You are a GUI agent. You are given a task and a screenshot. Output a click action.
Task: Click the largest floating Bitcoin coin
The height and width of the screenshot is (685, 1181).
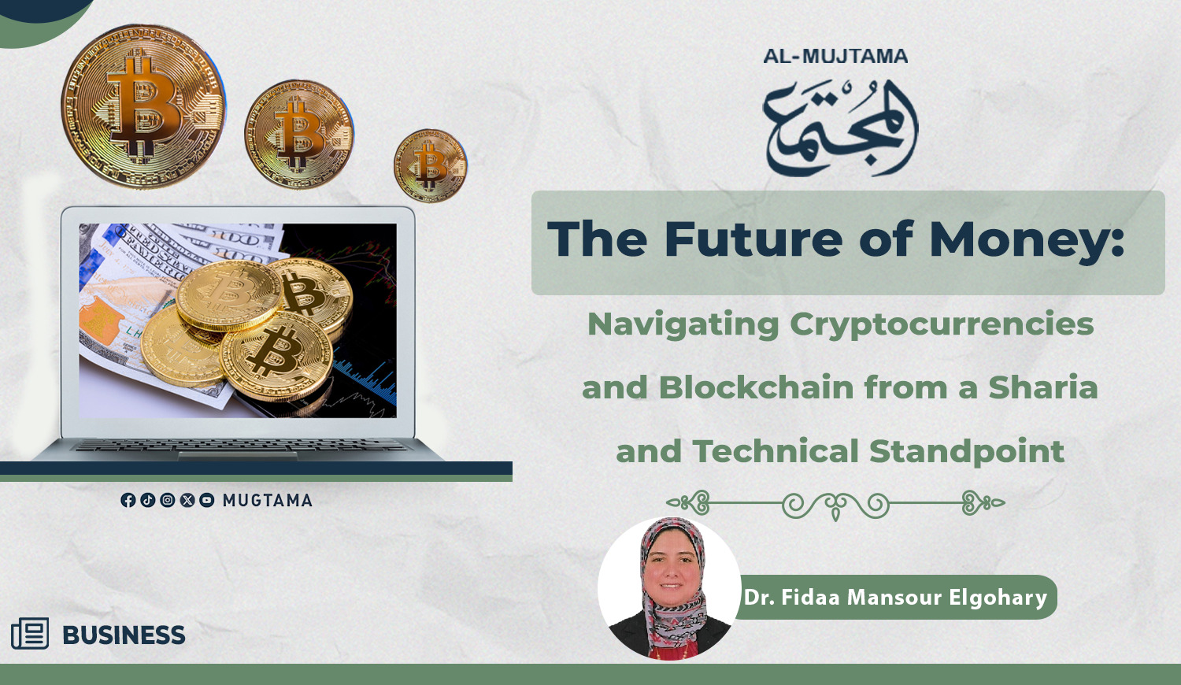click(143, 106)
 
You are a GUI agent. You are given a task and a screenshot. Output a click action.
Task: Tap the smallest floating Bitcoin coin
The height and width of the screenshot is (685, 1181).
click(431, 165)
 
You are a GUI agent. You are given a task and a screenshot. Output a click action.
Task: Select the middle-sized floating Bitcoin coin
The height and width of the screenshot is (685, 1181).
click(299, 135)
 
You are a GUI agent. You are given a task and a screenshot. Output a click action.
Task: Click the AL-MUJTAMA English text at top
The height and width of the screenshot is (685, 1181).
click(835, 56)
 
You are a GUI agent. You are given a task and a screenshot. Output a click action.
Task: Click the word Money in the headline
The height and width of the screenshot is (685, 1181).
click(1026, 240)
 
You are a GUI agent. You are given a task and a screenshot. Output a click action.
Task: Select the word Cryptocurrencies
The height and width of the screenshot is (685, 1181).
click(942, 325)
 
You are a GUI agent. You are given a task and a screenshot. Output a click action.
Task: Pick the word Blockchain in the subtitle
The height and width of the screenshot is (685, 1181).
click(756, 387)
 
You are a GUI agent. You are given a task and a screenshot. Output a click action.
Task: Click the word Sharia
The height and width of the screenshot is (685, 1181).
click(1043, 387)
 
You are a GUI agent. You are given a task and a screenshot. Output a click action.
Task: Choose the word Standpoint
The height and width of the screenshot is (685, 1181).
click(966, 452)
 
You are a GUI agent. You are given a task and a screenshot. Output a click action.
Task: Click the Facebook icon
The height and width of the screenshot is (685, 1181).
click(128, 500)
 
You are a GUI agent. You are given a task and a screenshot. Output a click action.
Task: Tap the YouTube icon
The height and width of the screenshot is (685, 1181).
click(206, 500)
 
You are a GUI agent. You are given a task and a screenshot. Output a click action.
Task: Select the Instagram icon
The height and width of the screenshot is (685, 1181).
click(167, 500)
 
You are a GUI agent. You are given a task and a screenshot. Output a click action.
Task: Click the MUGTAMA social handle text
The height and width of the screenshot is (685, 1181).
click(268, 500)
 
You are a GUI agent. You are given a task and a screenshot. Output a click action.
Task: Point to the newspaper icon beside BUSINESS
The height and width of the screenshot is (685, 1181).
click(30, 633)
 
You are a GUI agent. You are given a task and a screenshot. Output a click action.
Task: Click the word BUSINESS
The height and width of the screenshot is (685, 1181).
click(124, 635)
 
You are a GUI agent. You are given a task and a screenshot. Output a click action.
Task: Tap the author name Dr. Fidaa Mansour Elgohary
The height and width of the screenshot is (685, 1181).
click(894, 598)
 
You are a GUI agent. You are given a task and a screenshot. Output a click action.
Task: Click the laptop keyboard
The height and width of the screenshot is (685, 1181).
click(240, 446)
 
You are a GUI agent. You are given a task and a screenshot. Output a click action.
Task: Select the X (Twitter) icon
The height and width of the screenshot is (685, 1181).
click(187, 500)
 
